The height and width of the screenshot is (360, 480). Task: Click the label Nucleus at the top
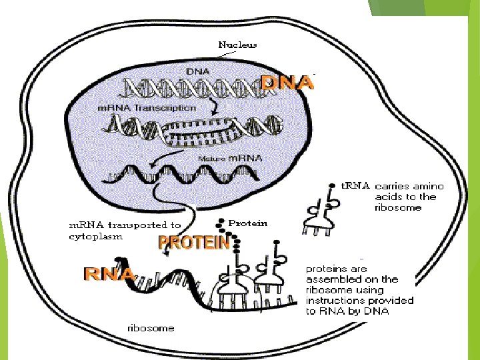pos(238,45)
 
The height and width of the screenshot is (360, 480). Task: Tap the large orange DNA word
pos(286,83)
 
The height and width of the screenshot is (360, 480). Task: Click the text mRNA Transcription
pos(147,107)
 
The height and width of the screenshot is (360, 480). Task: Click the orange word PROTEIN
pos(193,243)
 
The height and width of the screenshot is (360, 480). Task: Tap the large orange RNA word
pos(109,273)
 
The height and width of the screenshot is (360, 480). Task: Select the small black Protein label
pos(247,223)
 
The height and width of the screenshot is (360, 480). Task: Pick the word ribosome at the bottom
pos(151,327)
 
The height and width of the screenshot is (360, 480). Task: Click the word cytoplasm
pos(95,236)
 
